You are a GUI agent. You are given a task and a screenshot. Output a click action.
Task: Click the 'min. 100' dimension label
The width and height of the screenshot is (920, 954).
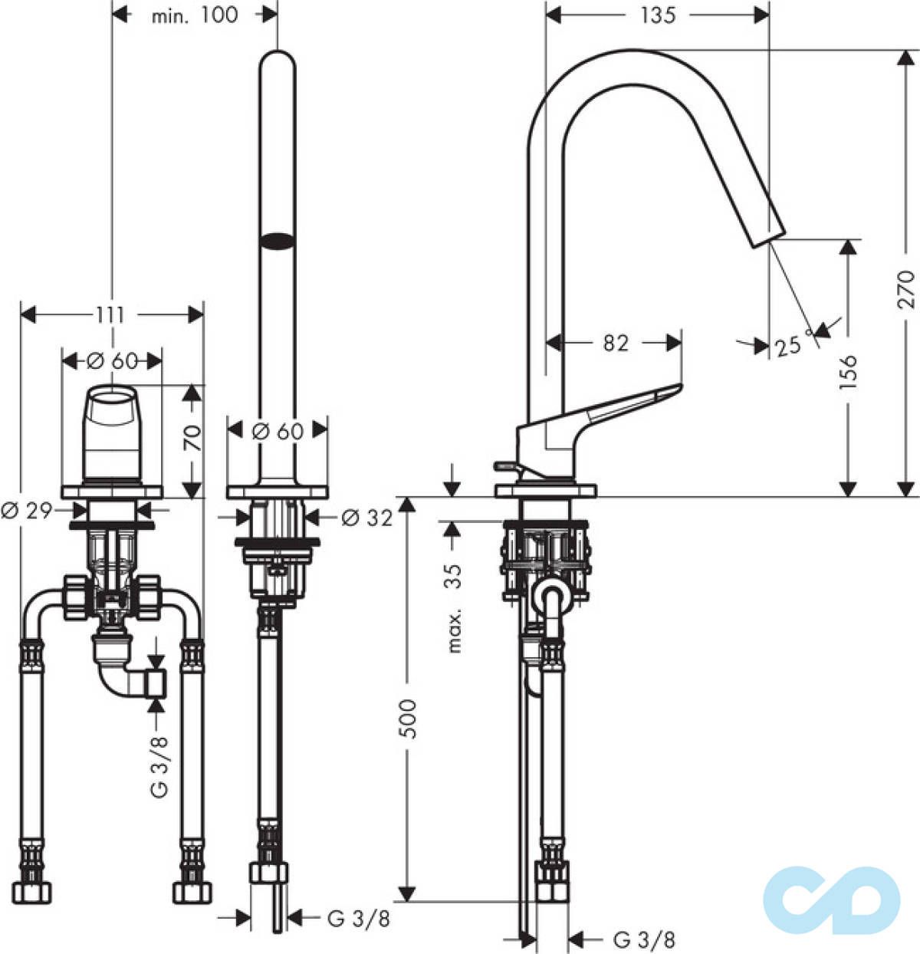[x=194, y=15]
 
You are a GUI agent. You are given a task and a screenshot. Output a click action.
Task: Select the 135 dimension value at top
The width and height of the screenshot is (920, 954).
[x=657, y=15]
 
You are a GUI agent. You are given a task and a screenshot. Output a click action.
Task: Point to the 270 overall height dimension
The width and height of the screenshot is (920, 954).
[x=907, y=288]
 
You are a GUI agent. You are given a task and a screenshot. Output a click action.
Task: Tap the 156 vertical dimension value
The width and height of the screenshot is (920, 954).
[x=848, y=372]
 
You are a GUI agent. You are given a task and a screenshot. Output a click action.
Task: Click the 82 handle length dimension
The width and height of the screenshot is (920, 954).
[x=615, y=343]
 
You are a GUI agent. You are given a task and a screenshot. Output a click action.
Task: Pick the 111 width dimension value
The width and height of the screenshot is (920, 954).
[x=111, y=314]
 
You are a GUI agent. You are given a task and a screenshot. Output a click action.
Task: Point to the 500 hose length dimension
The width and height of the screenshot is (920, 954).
[x=409, y=719]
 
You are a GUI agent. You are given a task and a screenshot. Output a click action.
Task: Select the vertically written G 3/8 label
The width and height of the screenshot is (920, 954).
[x=159, y=766]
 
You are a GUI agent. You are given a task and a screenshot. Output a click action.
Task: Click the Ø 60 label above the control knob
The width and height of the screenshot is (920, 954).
[x=112, y=360]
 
